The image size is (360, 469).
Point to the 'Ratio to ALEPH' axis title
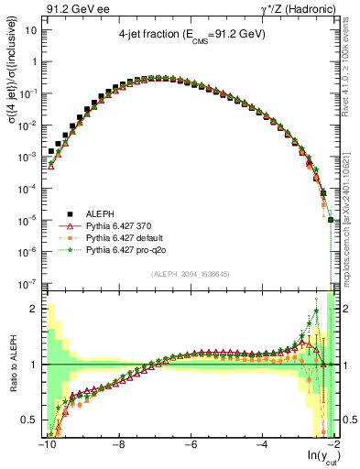click(11, 365)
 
